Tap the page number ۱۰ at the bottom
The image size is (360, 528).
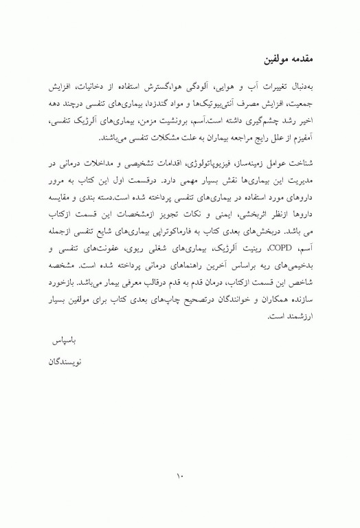click(180, 475)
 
